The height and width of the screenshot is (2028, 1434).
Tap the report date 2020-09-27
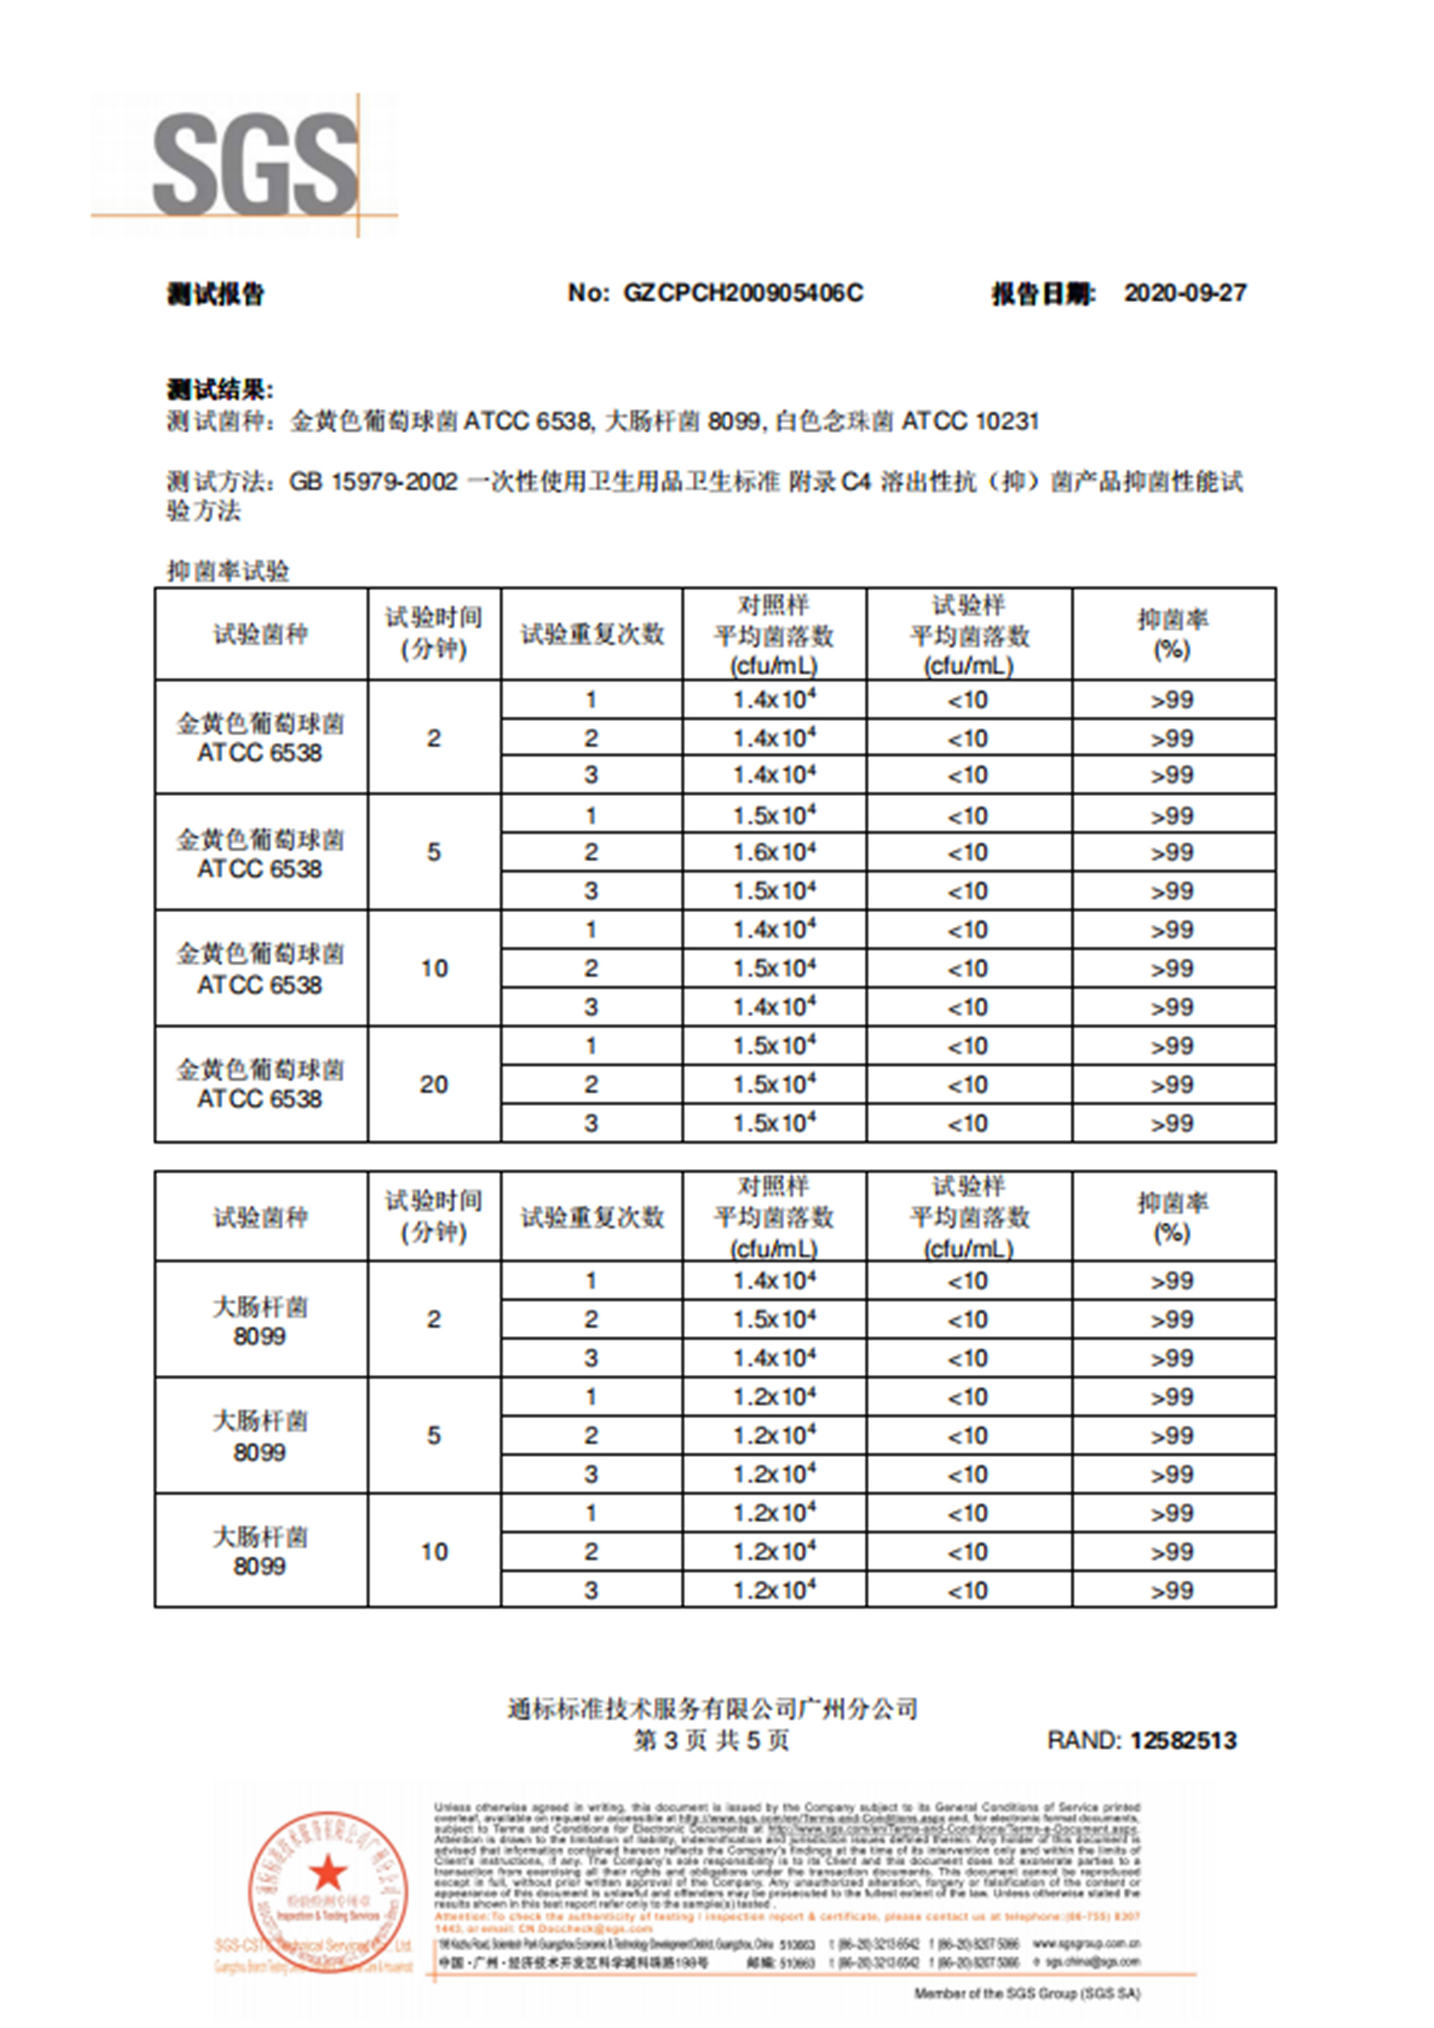click(x=1184, y=293)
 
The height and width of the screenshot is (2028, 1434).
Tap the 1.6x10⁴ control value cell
click(x=774, y=852)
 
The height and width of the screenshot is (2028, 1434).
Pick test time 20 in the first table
click(x=433, y=1084)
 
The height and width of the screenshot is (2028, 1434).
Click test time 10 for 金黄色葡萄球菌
click(x=433, y=968)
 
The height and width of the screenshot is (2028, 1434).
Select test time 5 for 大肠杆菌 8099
click(x=433, y=1435)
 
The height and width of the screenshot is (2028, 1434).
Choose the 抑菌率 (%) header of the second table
click(x=1173, y=1216)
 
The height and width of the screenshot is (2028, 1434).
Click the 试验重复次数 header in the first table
click(x=591, y=634)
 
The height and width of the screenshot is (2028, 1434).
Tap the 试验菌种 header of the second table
click(x=261, y=1217)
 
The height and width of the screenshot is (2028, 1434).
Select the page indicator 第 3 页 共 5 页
click(x=711, y=1740)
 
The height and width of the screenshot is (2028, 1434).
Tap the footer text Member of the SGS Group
click(x=1027, y=1993)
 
